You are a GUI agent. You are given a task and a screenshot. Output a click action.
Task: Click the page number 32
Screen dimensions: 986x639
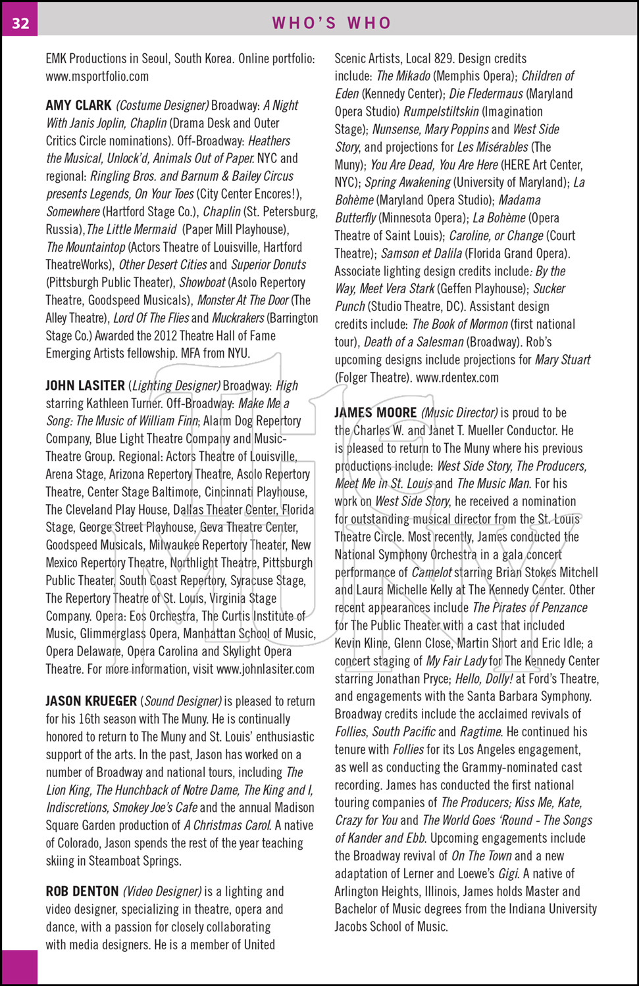(20, 23)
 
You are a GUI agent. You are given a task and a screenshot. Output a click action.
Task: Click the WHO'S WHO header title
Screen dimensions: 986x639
(332, 23)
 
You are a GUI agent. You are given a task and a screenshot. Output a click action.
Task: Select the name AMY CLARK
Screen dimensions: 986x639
(78, 105)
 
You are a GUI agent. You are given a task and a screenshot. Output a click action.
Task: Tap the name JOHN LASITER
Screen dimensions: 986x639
(85, 385)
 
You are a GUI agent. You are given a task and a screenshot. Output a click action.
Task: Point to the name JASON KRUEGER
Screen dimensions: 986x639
(91, 701)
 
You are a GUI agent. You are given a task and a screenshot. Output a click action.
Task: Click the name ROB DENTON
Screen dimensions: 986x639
(82, 891)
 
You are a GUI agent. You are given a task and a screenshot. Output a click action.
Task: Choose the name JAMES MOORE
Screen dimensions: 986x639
(375, 413)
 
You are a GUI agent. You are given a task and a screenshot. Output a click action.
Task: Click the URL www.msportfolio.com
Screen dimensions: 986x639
(97, 76)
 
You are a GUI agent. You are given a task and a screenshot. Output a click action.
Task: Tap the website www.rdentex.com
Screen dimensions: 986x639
(457, 377)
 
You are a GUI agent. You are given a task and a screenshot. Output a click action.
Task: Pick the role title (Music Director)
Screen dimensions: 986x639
(459, 413)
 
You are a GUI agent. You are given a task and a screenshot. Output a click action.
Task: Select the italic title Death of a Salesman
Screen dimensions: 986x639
(413, 342)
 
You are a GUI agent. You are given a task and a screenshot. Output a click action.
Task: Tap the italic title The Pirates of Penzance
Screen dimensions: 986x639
(530, 608)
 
